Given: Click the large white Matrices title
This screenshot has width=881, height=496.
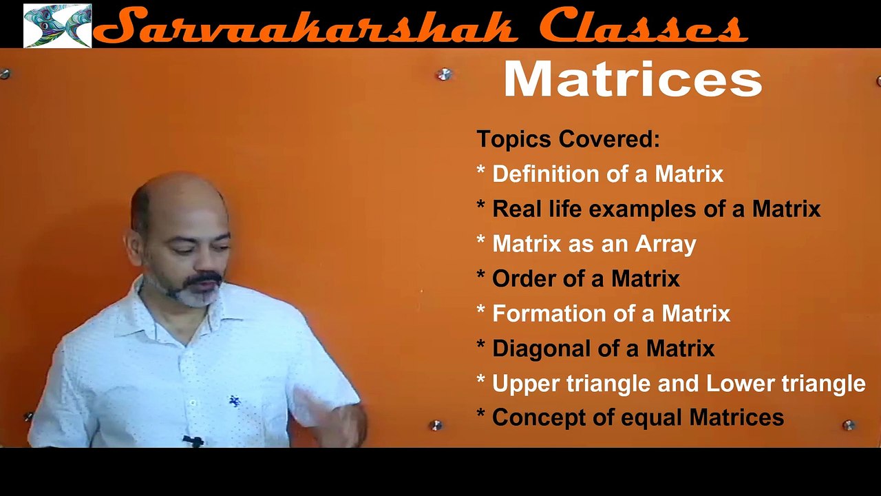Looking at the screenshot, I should (x=633, y=81).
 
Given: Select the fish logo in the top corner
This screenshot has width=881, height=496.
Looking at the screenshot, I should (x=57, y=25).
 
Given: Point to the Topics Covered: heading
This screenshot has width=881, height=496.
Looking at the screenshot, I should (x=568, y=139).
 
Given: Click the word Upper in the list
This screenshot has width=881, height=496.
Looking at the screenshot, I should (x=526, y=383).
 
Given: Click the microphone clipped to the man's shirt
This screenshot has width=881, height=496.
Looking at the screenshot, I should (x=193, y=440).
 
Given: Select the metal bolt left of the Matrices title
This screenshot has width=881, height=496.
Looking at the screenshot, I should (x=445, y=74).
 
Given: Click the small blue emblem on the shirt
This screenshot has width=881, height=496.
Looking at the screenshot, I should (x=235, y=401).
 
